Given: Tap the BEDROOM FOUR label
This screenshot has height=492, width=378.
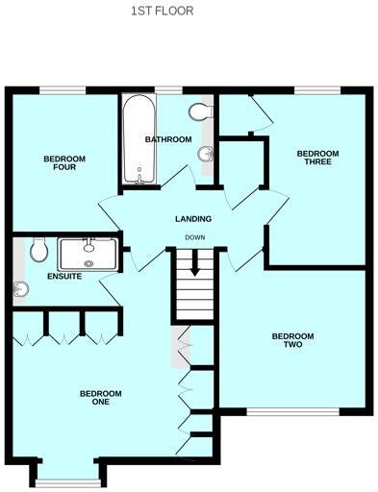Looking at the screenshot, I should tap(64, 162).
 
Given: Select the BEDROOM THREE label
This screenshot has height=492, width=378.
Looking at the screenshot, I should tap(317, 158).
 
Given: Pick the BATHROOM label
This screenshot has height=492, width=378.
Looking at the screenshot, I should tap(165, 139).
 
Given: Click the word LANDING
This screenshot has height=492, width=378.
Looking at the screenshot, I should tap(192, 219).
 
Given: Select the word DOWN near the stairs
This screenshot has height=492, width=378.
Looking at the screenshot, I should tap(194, 236).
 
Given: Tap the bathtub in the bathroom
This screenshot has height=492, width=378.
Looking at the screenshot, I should tap(135, 142).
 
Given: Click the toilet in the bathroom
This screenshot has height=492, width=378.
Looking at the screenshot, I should tap(200, 112).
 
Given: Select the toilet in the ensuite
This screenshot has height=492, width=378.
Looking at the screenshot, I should tap(38, 250).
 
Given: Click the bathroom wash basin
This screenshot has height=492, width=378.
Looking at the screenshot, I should tap(205, 153).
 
